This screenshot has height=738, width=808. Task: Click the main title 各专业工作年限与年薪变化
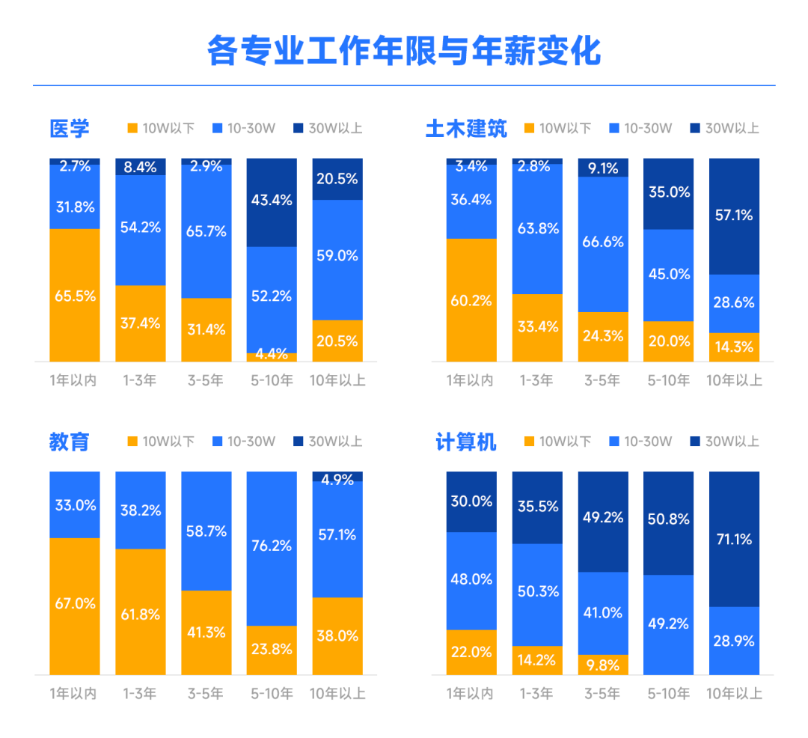coord(404,51)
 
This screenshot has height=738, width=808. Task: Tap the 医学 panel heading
coord(70,129)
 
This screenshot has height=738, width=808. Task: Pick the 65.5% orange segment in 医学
coord(75,295)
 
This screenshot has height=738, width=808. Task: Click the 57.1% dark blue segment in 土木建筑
coord(734,216)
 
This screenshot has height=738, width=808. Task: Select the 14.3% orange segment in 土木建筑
coord(734,347)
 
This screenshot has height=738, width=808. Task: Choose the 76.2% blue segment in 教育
coord(272,546)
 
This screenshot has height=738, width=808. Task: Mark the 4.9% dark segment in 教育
coord(337,477)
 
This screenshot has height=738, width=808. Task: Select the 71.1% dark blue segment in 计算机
coord(734,539)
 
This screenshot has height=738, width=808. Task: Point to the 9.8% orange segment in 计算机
coord(603,665)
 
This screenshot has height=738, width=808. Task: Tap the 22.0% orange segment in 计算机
coord(471,652)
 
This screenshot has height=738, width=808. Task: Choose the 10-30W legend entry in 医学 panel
coord(245,128)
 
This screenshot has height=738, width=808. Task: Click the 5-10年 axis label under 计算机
coord(668,694)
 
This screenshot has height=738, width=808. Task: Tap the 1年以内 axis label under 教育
coord(73,694)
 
